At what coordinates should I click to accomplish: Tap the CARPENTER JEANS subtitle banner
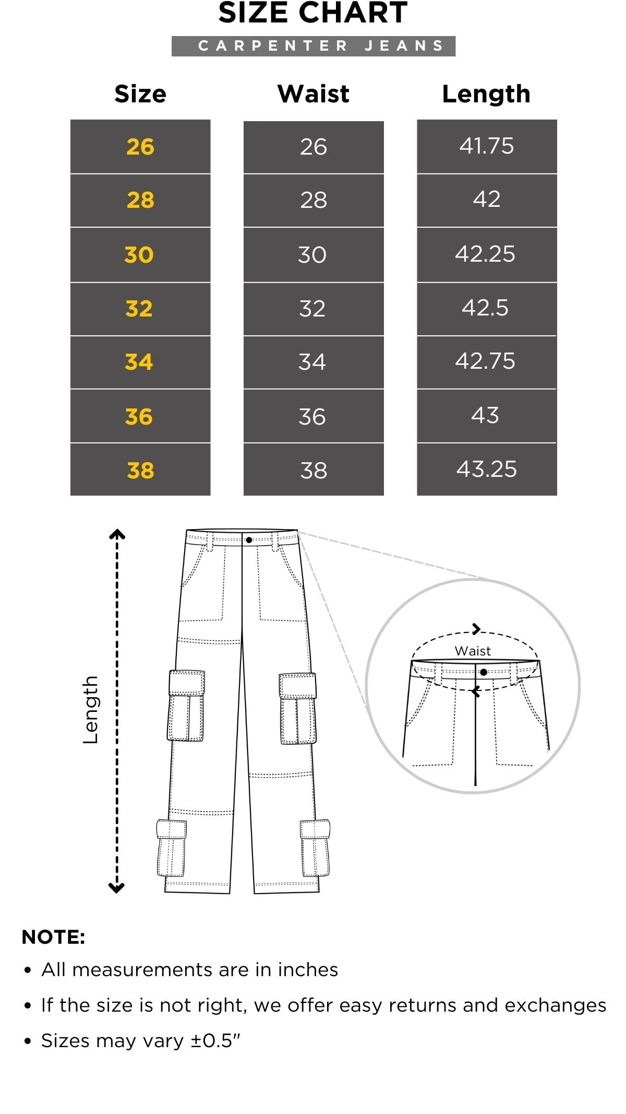314,46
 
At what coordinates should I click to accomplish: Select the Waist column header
314,94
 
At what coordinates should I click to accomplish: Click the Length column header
486,94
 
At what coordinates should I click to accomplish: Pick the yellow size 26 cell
140,147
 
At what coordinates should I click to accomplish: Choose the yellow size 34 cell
140,362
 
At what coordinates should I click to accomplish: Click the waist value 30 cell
314,255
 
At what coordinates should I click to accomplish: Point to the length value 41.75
487,146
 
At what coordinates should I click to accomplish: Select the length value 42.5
485,308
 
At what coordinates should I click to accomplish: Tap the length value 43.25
487,469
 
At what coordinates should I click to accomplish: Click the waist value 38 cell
314,470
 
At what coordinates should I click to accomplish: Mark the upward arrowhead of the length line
117,533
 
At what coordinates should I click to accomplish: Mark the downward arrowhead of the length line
116,888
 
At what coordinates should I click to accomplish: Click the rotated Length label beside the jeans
90,710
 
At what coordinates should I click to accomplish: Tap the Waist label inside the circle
473,651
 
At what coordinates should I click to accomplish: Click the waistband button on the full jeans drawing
249,540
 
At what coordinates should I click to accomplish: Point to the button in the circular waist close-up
484,672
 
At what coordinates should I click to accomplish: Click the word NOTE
53,937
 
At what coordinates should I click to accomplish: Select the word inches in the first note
308,969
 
